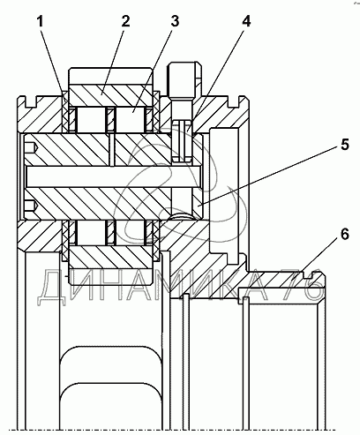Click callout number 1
(x=40, y=22)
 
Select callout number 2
(x=125, y=21)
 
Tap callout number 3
(x=175, y=21)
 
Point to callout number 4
(x=246, y=21)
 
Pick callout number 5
(x=344, y=145)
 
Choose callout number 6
(x=344, y=235)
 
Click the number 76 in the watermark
(x=302, y=285)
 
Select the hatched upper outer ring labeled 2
(x=111, y=96)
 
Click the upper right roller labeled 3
(x=130, y=120)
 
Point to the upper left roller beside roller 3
(x=91, y=120)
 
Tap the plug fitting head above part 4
(x=184, y=80)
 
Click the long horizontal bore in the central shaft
(x=113, y=176)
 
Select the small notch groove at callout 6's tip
(x=307, y=275)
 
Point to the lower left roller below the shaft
(x=91, y=233)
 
